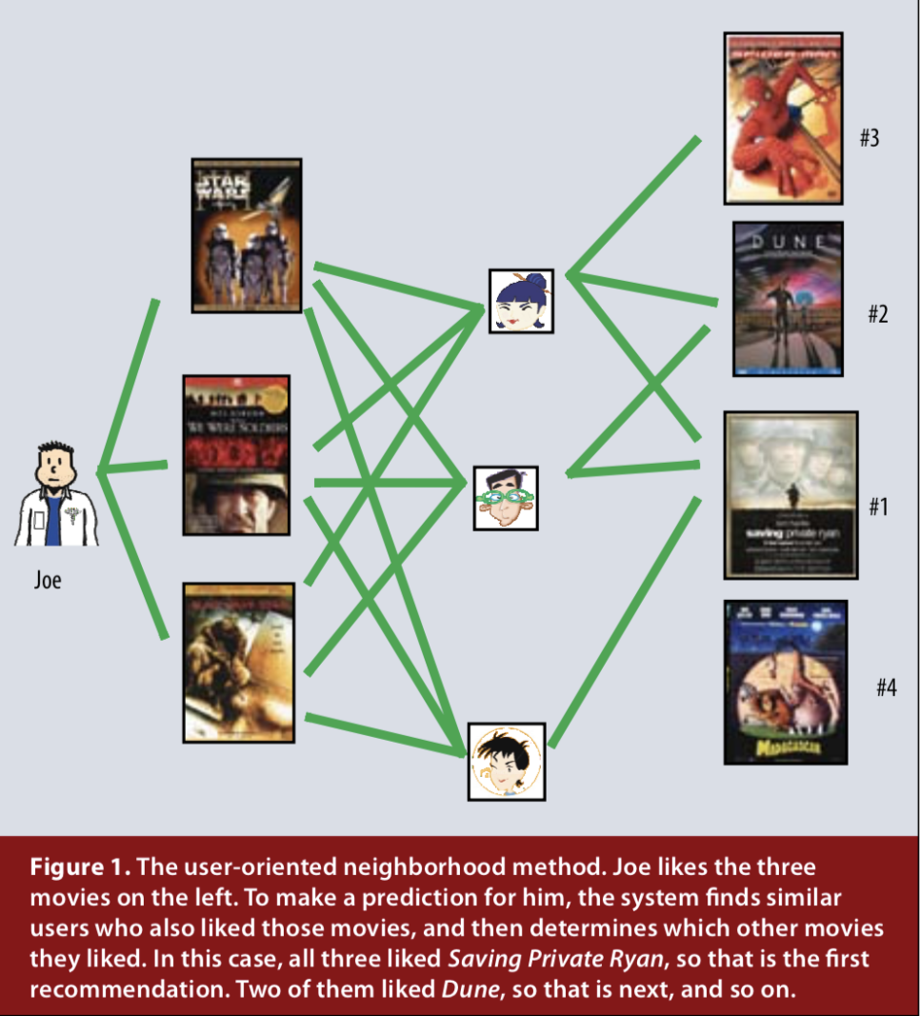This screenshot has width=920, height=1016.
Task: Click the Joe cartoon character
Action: pos(55,495)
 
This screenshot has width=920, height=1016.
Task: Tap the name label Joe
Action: pos(48,580)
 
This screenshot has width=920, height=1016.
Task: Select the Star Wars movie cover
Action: pos(247,235)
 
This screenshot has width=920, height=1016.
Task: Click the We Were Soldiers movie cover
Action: pos(236,454)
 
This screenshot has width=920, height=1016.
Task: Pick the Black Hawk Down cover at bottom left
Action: pos(238,662)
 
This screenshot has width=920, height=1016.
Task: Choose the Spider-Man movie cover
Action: pos(783,118)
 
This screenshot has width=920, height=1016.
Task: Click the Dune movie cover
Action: pos(788,299)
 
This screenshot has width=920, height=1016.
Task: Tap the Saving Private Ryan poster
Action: pos(790,495)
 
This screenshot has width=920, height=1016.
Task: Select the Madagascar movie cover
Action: pos(785,681)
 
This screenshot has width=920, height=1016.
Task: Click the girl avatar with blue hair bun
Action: pos(521,300)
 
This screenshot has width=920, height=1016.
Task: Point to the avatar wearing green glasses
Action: pos(506,497)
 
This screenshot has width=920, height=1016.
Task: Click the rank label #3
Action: pos(868,138)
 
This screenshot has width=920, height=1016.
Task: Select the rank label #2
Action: pos(877,313)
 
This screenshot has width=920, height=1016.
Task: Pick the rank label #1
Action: pos(877,508)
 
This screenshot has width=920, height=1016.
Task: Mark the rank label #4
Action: pos(886,687)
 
